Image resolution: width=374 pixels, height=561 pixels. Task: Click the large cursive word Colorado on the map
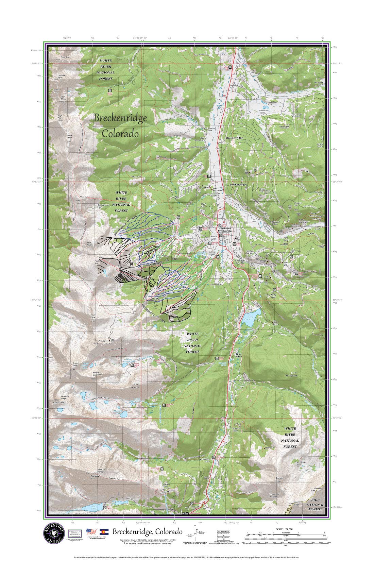120,134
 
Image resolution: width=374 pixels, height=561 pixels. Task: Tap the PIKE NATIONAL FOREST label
316,505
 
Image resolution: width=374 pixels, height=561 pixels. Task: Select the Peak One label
65,57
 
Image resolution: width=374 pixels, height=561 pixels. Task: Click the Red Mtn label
279,479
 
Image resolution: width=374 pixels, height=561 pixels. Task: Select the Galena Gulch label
320,145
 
